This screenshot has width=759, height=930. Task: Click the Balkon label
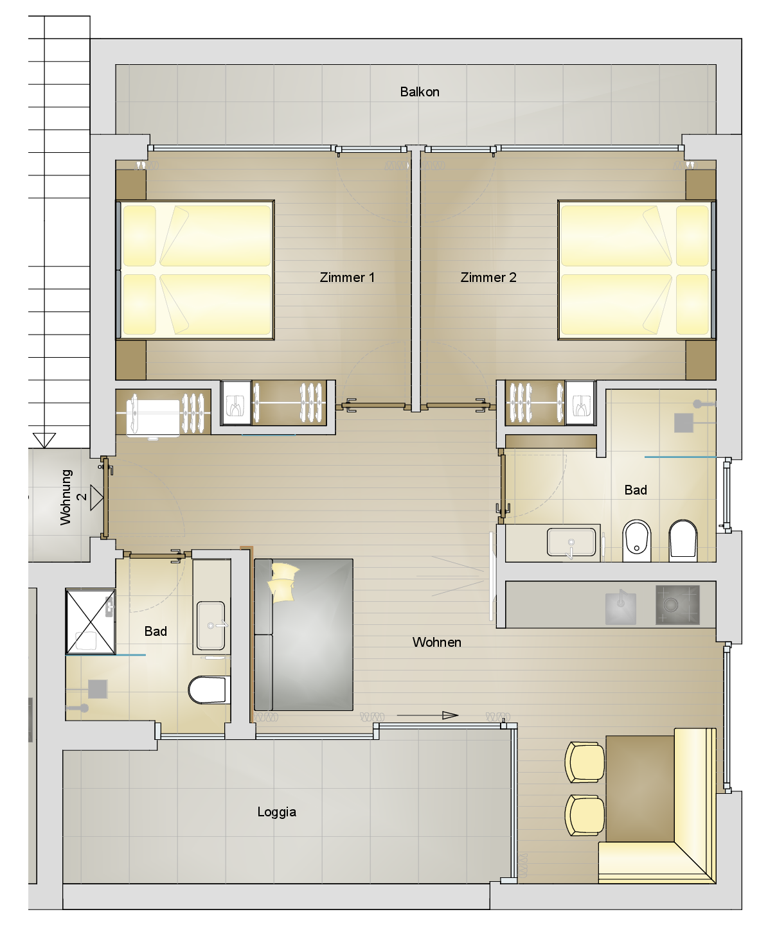click(x=419, y=92)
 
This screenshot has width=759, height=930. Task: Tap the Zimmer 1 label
click(x=347, y=277)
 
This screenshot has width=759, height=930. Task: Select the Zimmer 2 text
click(x=488, y=277)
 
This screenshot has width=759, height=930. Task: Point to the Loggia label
click(x=277, y=812)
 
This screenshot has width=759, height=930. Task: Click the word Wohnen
click(x=437, y=642)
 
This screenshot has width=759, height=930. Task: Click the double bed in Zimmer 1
click(x=195, y=270)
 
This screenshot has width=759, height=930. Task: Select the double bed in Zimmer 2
click(x=637, y=270)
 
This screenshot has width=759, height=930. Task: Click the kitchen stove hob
click(x=677, y=604)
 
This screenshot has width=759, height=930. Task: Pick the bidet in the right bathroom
click(x=637, y=541)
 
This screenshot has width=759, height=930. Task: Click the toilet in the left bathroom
click(x=209, y=690)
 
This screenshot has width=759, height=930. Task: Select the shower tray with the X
click(x=91, y=621)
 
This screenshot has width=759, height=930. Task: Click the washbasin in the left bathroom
click(x=211, y=626)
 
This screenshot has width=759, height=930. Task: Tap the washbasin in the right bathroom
click(x=571, y=542)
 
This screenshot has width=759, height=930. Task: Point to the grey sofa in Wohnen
click(x=303, y=635)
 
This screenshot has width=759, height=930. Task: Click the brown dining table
click(x=640, y=789)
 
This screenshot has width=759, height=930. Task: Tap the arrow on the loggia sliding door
click(x=427, y=715)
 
